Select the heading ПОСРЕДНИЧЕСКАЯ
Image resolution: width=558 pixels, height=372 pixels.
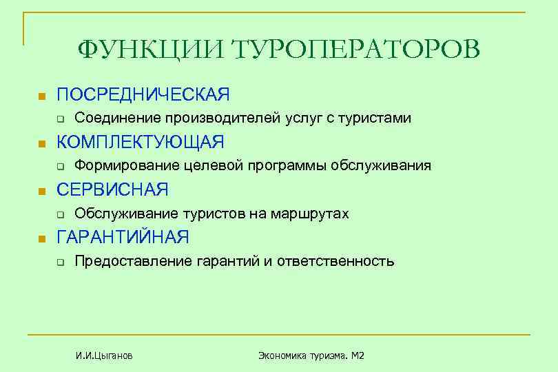[x=143, y=94]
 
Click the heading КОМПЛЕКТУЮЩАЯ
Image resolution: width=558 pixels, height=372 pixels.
[x=140, y=142]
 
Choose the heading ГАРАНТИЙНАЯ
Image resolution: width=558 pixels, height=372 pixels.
[x=123, y=238]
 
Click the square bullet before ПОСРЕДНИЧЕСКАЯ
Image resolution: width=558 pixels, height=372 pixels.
[x=41, y=95]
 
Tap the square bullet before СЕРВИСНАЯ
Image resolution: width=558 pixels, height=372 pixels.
[x=41, y=191]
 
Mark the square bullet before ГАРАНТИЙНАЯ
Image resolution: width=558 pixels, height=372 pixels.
[x=41, y=239]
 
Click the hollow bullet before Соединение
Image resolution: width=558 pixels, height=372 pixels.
[x=60, y=119]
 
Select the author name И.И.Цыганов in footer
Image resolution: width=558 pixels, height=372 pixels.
[x=105, y=355]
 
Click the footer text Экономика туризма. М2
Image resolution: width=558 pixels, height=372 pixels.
[x=311, y=355]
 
